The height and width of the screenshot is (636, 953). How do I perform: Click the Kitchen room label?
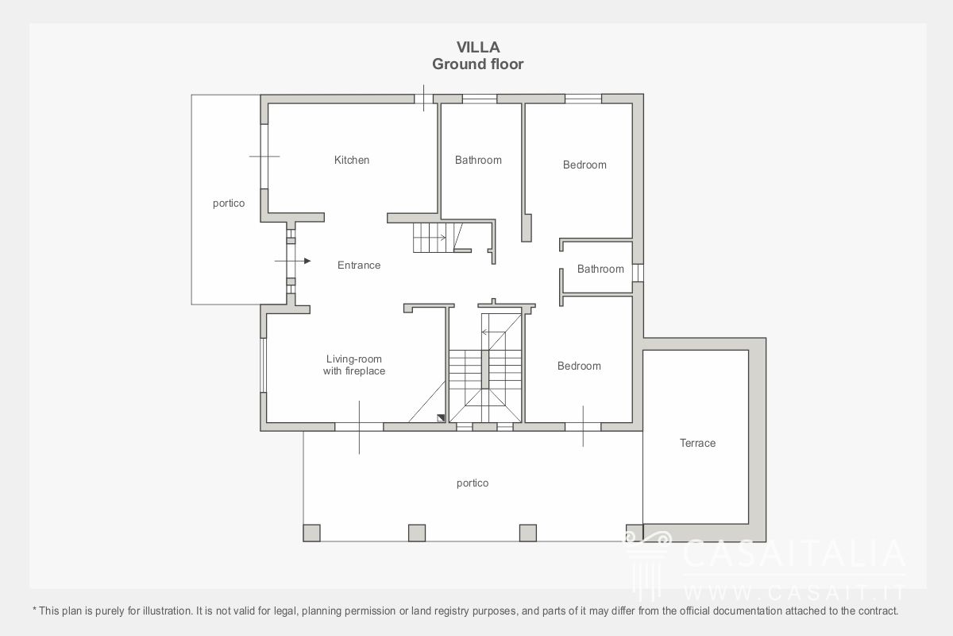point(351,160)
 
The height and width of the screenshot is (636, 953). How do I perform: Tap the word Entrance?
point(359,266)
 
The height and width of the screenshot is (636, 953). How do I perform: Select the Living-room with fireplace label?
point(354,365)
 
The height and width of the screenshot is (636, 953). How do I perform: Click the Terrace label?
point(697,443)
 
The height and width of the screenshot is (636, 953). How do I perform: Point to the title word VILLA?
point(478,47)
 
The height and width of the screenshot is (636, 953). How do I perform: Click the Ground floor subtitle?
point(478,64)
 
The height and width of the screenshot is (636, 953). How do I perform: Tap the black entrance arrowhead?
point(307,261)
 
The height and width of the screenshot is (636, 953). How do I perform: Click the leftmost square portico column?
point(311,533)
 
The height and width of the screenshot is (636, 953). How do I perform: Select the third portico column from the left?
point(528,533)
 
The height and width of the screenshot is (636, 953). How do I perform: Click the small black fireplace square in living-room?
point(441,418)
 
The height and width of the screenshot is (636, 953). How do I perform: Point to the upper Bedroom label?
point(585,165)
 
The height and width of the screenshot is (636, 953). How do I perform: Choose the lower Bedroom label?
point(579,366)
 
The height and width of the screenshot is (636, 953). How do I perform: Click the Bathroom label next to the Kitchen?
point(478,160)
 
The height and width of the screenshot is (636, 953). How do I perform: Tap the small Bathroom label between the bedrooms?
point(600,270)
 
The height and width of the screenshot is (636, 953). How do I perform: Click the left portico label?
point(229,204)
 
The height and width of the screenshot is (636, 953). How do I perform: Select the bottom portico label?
point(473,483)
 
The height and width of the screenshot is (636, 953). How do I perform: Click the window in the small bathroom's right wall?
point(637,273)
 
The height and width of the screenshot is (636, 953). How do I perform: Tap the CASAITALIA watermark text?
point(794,553)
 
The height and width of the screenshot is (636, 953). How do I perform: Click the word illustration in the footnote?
point(168,611)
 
